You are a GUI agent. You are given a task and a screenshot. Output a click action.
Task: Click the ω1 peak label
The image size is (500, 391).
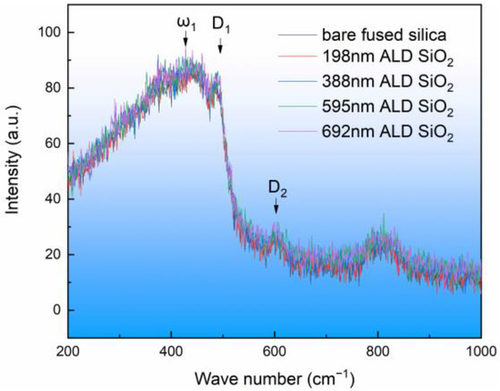185,17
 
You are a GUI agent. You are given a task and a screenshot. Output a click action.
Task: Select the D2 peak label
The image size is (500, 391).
275,189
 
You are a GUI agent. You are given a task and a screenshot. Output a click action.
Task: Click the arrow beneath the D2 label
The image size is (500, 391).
275,209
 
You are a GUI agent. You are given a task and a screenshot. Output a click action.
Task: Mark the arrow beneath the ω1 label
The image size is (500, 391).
185,38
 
